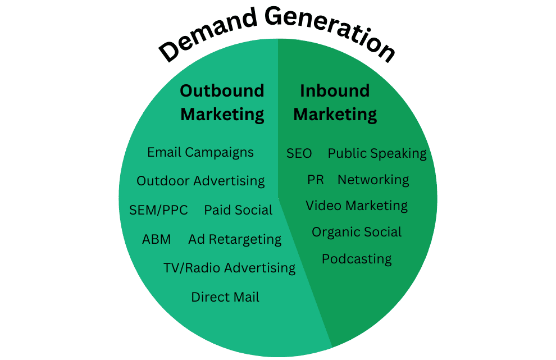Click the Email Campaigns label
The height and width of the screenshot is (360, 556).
200,153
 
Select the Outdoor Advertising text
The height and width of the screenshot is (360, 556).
200,181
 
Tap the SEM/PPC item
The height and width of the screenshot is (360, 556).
158,210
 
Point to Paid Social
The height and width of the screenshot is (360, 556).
238,210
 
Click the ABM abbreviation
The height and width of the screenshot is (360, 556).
156,239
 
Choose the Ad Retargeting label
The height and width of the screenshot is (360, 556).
235,239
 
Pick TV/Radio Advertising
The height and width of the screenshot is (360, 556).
230,268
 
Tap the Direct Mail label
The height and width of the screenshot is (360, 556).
225,297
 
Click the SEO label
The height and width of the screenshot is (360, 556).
299,153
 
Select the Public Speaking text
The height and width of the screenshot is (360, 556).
377,153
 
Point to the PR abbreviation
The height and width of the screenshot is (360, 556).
316,180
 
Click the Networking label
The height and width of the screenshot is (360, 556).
373,180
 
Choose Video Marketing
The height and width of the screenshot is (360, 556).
357,206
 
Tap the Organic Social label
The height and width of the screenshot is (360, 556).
357,232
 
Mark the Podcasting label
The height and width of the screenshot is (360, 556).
357,259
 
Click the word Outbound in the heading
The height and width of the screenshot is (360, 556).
222,91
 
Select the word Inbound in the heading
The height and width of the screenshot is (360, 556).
335,91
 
